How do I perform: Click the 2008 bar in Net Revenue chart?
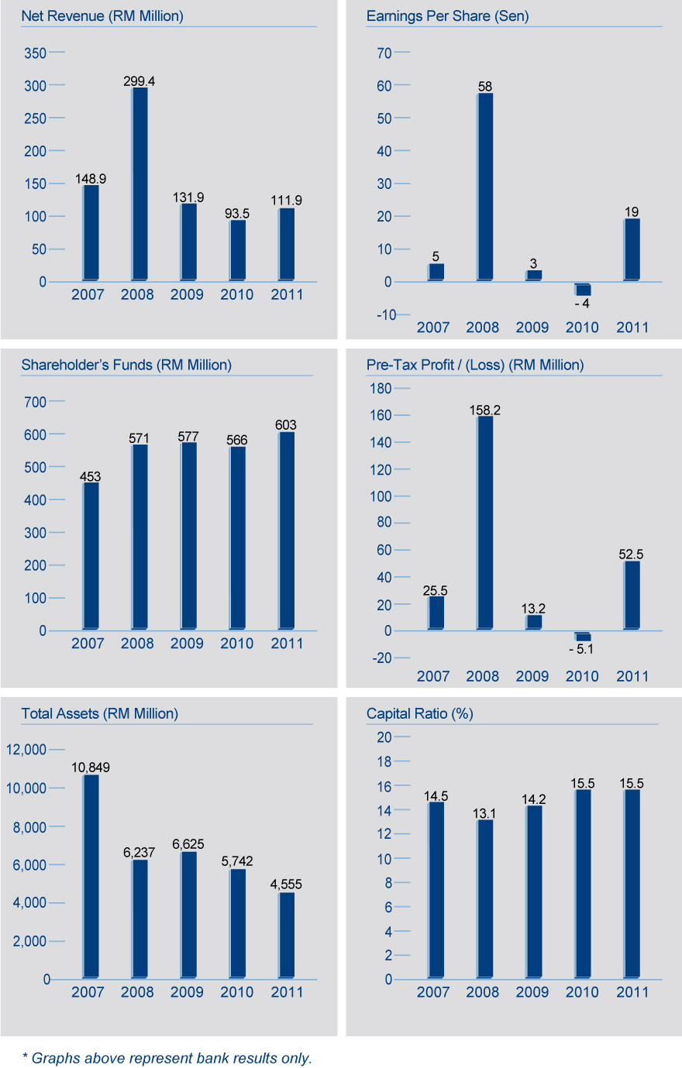pyautogui.click(x=139, y=184)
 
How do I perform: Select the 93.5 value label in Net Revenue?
pyautogui.click(x=237, y=213)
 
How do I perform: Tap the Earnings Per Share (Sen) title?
pyautogui.click(x=447, y=16)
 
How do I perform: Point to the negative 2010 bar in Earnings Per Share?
pyautogui.click(x=583, y=289)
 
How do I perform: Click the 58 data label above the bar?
pyautogui.click(x=485, y=87)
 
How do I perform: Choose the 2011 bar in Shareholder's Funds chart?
pyautogui.click(x=287, y=531)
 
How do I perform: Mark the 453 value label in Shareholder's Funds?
pyautogui.click(x=90, y=477)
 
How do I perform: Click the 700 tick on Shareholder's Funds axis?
pyautogui.click(x=36, y=402)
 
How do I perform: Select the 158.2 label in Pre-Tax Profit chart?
pyautogui.click(x=485, y=410)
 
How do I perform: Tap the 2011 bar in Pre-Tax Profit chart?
pyautogui.click(x=632, y=595)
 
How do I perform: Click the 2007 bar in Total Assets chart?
pyautogui.click(x=91, y=876)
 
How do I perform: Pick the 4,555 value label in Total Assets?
pyautogui.click(x=287, y=884)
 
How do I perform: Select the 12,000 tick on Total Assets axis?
pyautogui.click(x=26, y=750)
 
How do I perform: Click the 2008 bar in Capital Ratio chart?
pyautogui.click(x=485, y=898)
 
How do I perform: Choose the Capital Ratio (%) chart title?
pyautogui.click(x=419, y=713)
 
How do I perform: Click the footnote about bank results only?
pyautogui.click(x=167, y=1058)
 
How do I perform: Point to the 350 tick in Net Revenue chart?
pyautogui.click(x=36, y=53)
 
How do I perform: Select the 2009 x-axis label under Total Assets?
pyautogui.click(x=187, y=992)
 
